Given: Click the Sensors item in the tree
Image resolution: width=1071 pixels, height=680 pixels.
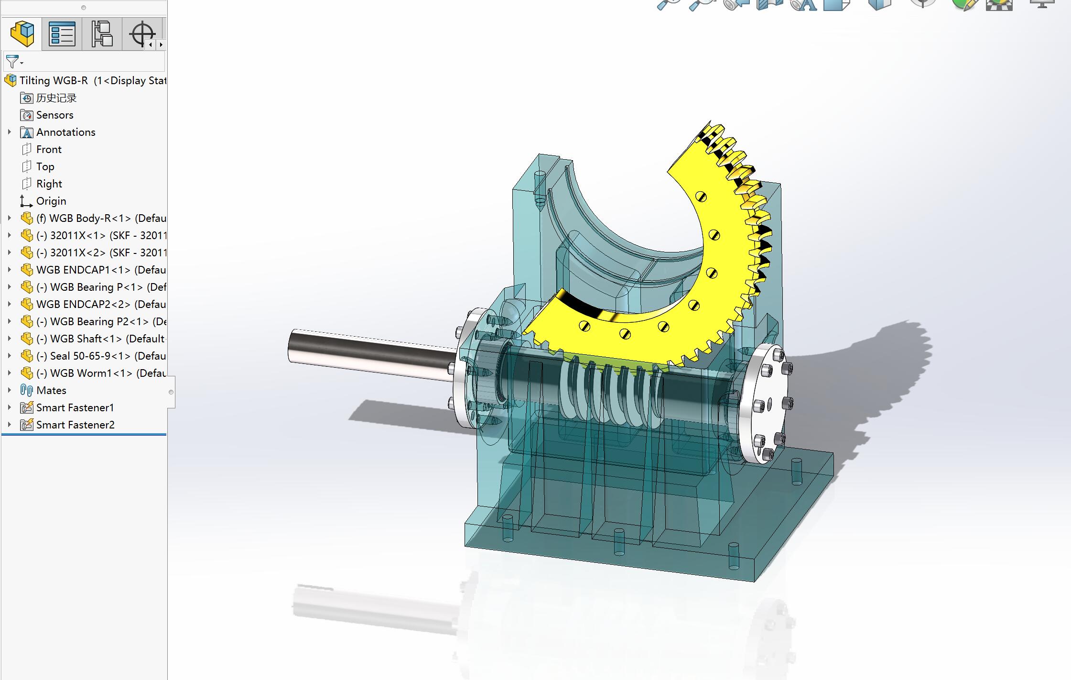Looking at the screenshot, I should (54, 115).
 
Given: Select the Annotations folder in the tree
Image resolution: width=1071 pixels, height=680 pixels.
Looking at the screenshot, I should (65, 132).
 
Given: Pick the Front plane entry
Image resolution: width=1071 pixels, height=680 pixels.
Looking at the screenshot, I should (49, 150).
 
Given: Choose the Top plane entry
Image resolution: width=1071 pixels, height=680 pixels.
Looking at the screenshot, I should (45, 167).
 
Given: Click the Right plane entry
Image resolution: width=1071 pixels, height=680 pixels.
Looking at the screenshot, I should (49, 184).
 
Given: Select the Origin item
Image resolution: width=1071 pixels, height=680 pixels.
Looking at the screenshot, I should (51, 201).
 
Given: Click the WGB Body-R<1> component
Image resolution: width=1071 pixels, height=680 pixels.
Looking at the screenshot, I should (100, 219).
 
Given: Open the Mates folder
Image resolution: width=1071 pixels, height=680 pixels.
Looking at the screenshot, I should (51, 391).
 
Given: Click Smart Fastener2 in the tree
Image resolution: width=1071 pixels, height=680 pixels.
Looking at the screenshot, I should (75, 425).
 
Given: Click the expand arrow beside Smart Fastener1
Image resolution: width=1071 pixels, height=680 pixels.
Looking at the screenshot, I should (9, 408).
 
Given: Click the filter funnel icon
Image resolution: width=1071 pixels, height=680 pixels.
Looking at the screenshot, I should (12, 62).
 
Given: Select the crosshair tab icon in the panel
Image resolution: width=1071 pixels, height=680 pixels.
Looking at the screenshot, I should (142, 34).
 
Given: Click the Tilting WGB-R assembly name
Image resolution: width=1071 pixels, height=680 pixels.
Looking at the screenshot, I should (54, 81).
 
